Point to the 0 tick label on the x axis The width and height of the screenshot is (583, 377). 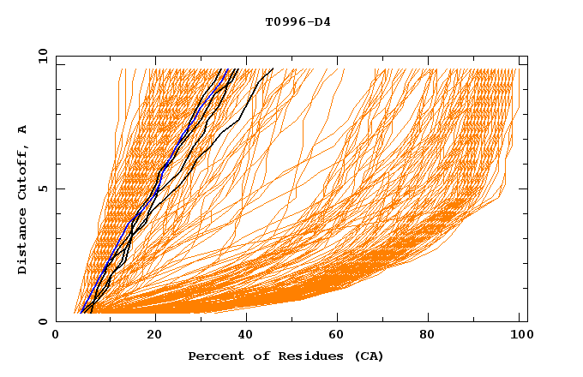pos(57,337)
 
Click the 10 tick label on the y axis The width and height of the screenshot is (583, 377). pos(42,56)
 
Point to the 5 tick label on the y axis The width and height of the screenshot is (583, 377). pos(45,188)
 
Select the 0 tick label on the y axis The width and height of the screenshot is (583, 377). pos(45,321)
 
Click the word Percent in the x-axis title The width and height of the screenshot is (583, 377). pos(213,356)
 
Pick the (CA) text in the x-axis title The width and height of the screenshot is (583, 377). pos(369,356)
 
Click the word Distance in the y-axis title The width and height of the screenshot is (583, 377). pos(22,241)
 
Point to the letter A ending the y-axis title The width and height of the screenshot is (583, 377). pos(22,129)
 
